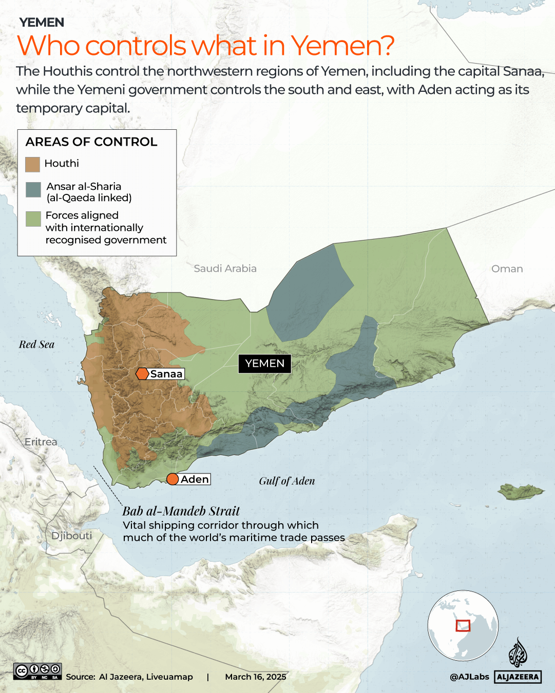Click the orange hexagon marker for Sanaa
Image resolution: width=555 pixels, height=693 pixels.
[x=142, y=374]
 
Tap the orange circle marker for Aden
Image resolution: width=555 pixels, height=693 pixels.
[x=173, y=479]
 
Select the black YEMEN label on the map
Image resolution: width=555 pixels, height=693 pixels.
[x=264, y=364]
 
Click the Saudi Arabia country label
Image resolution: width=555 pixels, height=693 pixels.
[x=225, y=268]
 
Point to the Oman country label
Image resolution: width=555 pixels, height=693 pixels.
[x=507, y=269]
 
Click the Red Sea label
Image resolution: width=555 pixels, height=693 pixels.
[x=36, y=345]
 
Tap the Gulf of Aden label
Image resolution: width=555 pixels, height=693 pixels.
[x=286, y=481]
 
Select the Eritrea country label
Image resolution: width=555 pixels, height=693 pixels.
[x=41, y=442]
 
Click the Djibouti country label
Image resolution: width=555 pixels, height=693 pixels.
[x=71, y=536]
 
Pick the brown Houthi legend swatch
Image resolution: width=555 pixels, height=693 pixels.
[x=33, y=164]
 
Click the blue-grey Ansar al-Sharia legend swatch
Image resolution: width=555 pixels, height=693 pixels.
[x=33, y=190]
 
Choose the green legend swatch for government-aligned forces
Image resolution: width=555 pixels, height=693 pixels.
[x=33, y=219]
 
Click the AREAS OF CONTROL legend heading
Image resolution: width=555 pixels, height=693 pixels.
[x=91, y=142]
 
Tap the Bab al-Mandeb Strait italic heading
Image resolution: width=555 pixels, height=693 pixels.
[x=181, y=511]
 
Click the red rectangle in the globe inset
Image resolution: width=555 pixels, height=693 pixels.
[x=463, y=626]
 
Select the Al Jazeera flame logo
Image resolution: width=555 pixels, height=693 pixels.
[x=518, y=652]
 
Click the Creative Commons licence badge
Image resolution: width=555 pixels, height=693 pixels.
[x=37, y=671]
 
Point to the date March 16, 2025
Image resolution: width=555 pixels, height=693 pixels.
[x=255, y=677]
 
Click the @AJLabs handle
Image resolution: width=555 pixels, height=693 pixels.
[x=469, y=677]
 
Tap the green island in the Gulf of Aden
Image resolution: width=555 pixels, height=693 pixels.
[x=520, y=491]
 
